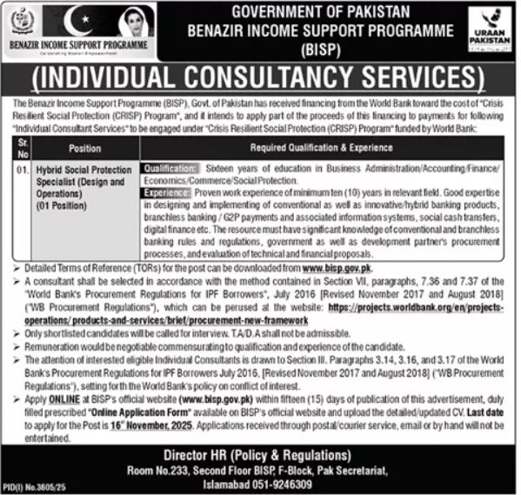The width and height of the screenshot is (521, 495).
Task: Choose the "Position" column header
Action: click(x=84, y=148)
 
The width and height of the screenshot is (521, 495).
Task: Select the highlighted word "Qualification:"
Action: click(x=170, y=165)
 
